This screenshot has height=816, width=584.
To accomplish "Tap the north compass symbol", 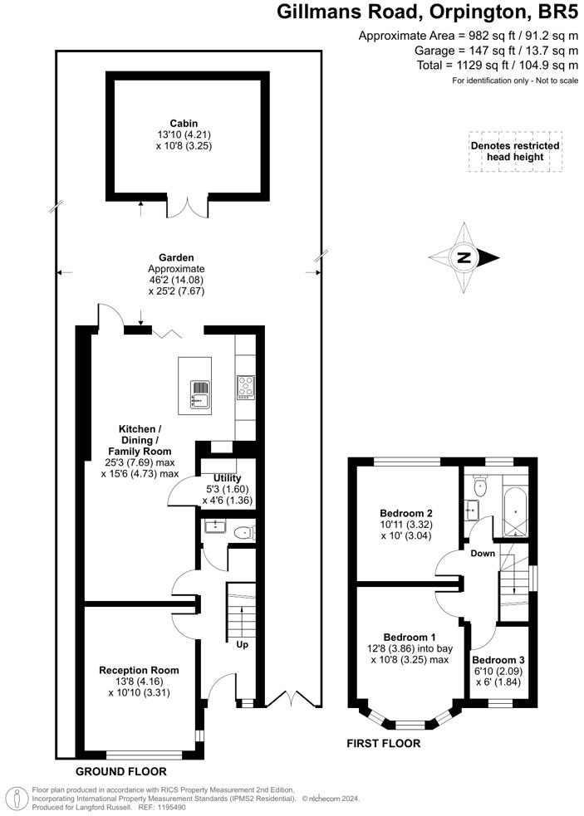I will [464, 257].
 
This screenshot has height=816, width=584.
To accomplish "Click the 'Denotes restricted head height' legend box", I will [514, 151].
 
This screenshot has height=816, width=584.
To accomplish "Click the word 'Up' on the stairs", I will [243, 644].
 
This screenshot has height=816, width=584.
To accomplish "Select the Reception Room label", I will [139, 670].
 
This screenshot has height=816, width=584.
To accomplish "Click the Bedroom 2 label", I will [406, 513].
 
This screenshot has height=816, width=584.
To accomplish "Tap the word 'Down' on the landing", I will [483, 553].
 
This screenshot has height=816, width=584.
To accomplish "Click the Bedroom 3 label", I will [499, 660].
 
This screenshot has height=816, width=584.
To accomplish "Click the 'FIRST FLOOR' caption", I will [383, 744].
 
